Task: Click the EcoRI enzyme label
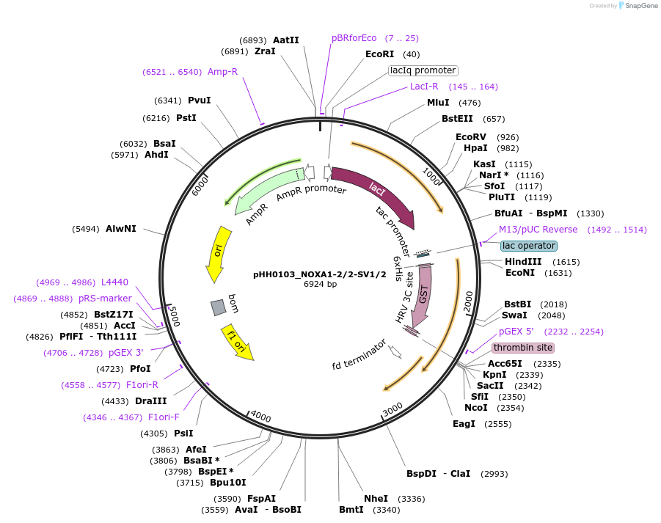[x=379, y=54]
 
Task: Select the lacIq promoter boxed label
[x=423, y=70]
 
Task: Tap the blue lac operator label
[x=529, y=246]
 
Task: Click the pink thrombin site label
[x=523, y=348]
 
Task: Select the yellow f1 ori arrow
[x=238, y=343]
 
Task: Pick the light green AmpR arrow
[x=264, y=190]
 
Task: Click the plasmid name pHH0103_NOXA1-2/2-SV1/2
[x=319, y=274]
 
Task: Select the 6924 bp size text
[x=320, y=284]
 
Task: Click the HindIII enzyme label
[x=523, y=262]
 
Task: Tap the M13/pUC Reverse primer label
[x=538, y=230]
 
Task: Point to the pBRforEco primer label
[x=354, y=38]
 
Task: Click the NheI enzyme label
[x=376, y=499]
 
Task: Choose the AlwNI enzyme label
[x=121, y=229]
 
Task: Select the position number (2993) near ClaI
[x=494, y=474]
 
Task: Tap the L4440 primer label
[x=114, y=282]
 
